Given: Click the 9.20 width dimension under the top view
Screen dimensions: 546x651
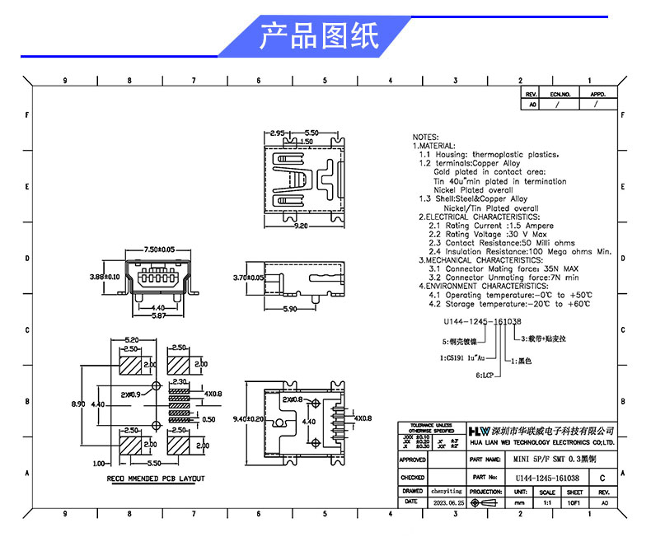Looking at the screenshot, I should coord(300,225).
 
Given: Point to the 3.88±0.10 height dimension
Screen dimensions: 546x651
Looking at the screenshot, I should coord(105,278).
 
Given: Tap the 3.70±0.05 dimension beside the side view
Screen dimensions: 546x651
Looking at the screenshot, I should coord(248,278).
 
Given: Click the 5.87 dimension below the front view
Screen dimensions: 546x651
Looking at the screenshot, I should coord(159,316).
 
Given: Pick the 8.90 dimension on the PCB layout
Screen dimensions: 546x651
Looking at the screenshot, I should coord(77,404).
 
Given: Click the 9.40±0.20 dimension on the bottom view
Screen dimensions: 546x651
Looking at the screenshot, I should coord(247,418).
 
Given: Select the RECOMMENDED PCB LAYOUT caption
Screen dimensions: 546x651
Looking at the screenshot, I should coord(156,478).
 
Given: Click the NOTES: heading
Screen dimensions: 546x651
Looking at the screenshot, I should coord(426,137).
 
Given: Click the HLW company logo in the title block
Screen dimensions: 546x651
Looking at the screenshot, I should coord(479,431).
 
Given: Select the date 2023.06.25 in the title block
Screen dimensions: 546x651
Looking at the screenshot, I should coord(449,502).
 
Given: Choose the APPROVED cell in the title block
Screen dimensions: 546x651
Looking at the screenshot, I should coord(412,460).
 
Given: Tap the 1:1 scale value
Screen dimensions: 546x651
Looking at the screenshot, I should coord(546,502).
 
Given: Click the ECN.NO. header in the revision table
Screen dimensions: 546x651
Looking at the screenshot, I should coord(560,95).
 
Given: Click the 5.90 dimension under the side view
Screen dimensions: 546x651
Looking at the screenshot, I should coord(290,310).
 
